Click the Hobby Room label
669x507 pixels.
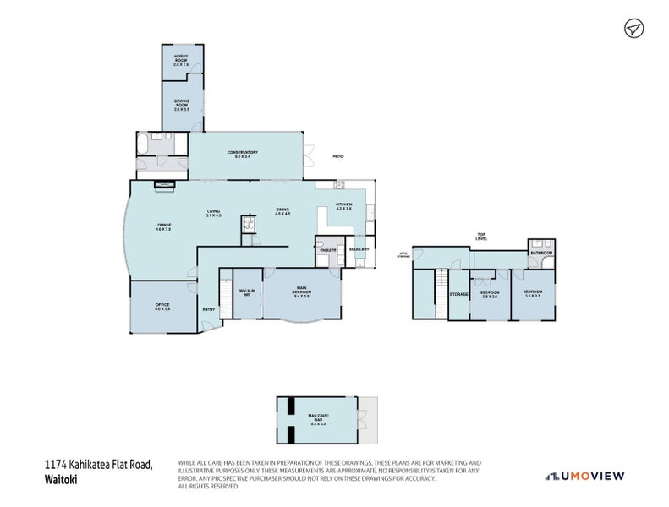tap(181, 60)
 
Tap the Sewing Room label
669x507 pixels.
tap(182, 106)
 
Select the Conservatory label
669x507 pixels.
tap(242, 154)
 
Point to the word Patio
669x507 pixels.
tap(337, 156)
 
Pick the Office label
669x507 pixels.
tap(162, 308)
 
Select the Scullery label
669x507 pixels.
tap(359, 249)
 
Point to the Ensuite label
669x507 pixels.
tap(328, 250)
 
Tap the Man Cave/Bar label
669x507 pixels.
tap(318, 417)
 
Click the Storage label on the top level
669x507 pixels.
tap(458, 294)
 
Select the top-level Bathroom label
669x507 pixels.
tap(541, 253)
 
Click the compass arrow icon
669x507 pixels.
tap(632, 29)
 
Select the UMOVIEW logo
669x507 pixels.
tap(585, 476)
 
